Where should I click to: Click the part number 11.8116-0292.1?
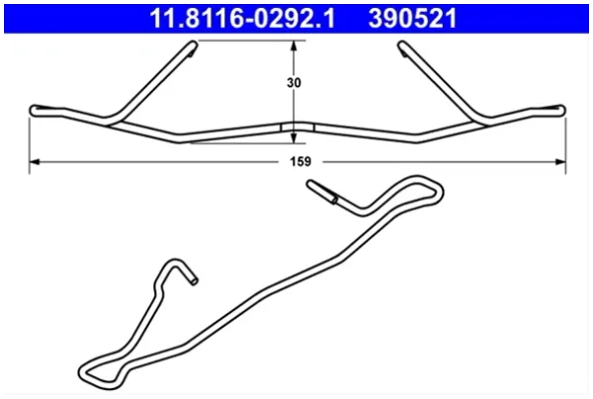tap(242, 19)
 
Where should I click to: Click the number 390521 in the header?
tap(412, 19)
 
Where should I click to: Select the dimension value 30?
tap(294, 82)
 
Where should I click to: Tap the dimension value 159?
tap(300, 161)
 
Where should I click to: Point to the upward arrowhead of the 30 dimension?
tap(294, 46)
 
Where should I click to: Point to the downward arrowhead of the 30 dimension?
tap(294, 138)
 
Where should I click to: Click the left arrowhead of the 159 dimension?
tap(35, 162)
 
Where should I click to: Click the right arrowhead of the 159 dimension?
tap(560, 162)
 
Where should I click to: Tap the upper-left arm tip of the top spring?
tap(193, 46)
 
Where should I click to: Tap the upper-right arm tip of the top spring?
tap(402, 46)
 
